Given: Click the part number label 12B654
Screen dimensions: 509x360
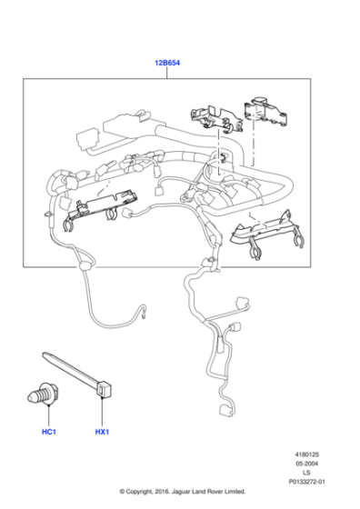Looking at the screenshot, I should tap(166, 65).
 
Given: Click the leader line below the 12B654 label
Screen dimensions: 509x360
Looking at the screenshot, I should tap(166, 75).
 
